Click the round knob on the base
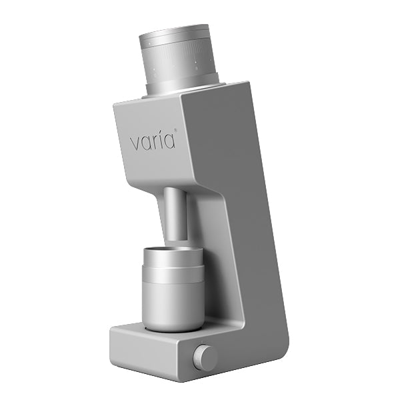click(x=205, y=358)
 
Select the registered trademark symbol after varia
click(x=176, y=131)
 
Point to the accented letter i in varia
click(x=158, y=141)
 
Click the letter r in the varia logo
click(x=152, y=143)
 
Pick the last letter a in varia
click(x=168, y=142)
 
